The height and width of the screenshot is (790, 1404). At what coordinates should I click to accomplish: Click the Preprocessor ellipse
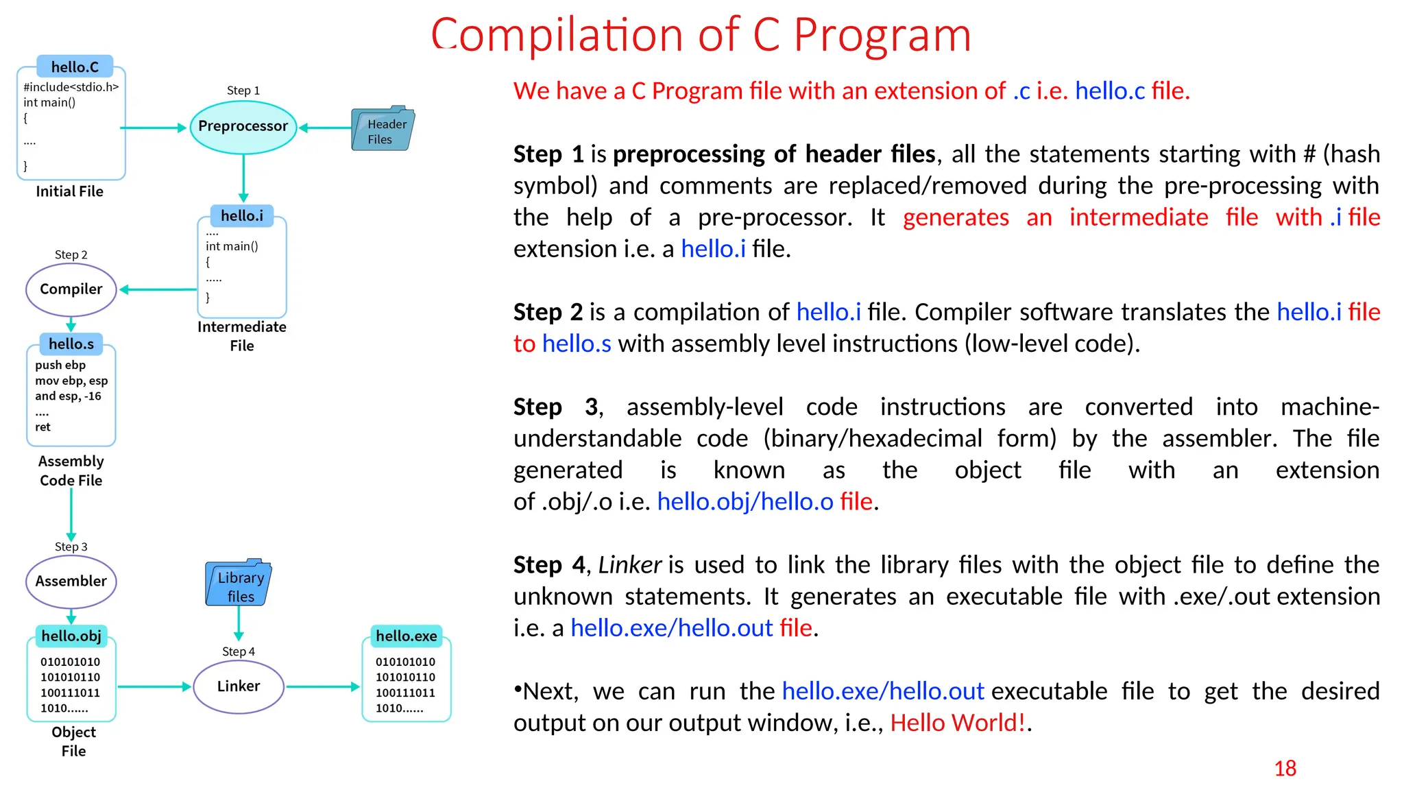tap(243, 127)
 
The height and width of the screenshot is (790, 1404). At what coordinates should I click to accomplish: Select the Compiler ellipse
tap(71, 289)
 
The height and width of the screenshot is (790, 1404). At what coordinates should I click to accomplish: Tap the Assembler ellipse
tap(71, 582)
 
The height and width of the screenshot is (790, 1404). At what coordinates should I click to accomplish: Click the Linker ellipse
tap(239, 686)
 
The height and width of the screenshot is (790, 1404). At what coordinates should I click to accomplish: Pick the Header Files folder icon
tap(382, 130)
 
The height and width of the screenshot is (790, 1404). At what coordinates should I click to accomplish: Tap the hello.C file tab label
tap(75, 67)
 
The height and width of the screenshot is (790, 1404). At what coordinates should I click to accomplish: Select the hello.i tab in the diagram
tap(242, 216)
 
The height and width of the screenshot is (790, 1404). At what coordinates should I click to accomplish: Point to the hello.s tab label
tap(71, 344)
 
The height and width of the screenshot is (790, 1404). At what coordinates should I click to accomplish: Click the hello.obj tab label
tap(71, 636)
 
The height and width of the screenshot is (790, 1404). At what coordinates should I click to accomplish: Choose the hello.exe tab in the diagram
tap(406, 636)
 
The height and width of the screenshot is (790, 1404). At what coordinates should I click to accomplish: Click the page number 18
tap(1285, 769)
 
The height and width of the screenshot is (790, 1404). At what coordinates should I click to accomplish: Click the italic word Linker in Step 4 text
tap(629, 565)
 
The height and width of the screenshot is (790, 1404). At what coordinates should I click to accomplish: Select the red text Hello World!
tap(958, 723)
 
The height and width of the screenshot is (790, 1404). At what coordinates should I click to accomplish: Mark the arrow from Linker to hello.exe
tap(322, 686)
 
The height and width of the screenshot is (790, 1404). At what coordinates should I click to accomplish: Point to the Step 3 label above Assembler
tap(71, 547)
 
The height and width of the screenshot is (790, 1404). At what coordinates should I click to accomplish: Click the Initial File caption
tap(69, 191)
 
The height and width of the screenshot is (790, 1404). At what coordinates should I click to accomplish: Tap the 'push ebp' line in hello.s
tap(60, 365)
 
